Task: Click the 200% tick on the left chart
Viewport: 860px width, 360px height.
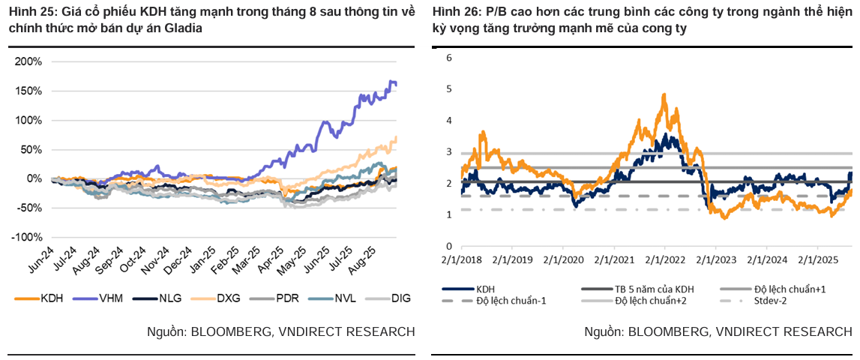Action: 28,61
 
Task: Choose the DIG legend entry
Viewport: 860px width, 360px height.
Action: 400,298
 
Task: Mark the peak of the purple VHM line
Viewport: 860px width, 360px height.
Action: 391,80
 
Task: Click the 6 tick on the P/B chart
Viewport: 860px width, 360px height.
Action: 448,57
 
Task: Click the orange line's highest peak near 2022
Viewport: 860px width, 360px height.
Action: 664,94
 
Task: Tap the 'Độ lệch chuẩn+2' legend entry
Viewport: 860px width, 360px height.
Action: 651,301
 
